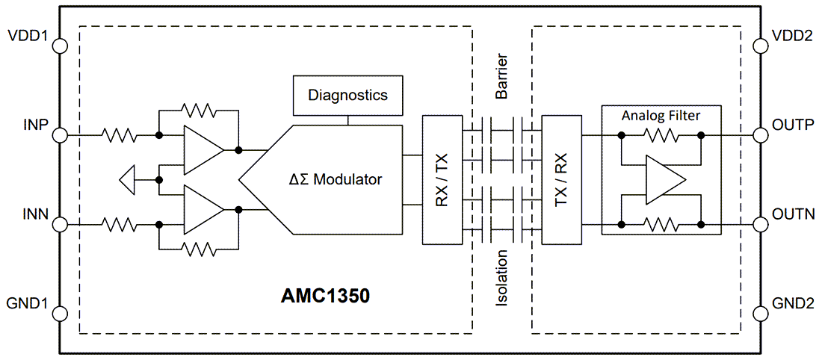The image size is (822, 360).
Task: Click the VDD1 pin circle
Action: coord(60,46)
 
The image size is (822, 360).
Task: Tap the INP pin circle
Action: coord(60,136)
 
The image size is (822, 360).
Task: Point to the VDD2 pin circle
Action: coord(761,46)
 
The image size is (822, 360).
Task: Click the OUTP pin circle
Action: coord(761,136)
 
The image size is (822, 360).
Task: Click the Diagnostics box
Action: coord(347,96)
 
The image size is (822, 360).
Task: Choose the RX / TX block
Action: coord(442,179)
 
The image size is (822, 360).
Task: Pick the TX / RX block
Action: coord(561,179)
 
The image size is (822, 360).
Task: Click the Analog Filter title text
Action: coord(661,117)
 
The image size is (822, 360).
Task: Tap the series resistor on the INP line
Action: coord(120,136)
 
